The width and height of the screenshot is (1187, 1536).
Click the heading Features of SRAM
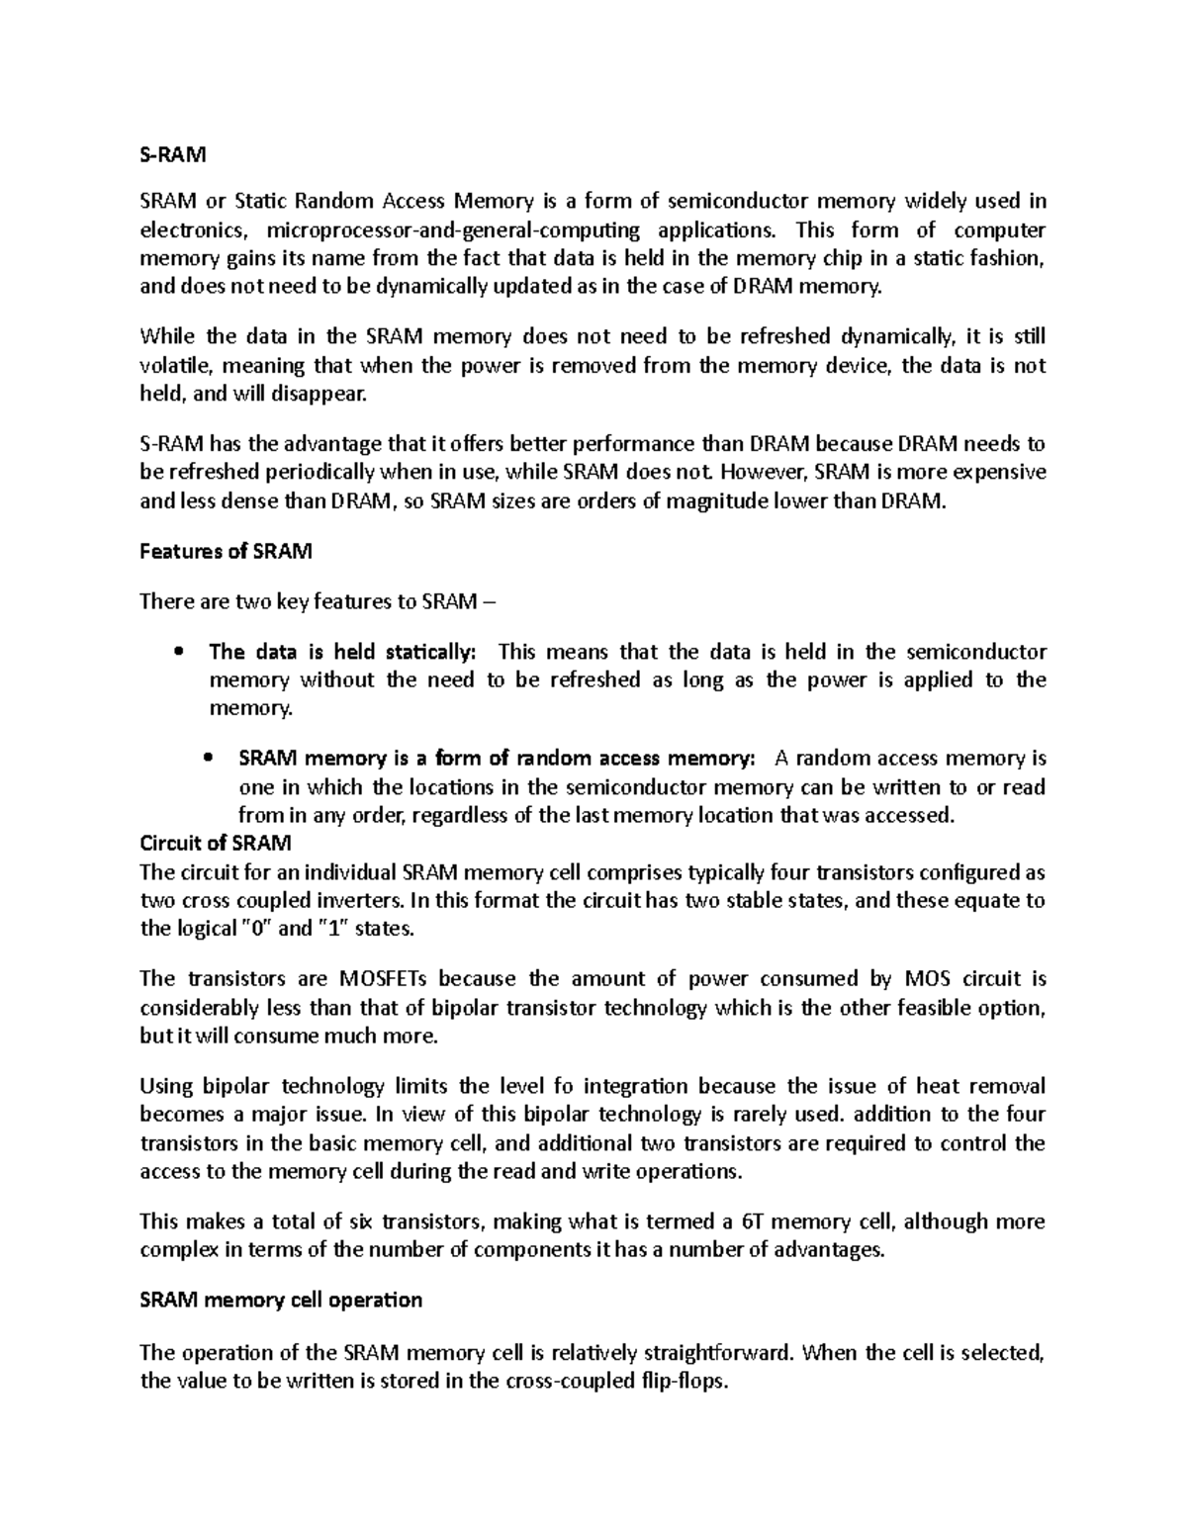226,552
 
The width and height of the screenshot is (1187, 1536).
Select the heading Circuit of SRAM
215,844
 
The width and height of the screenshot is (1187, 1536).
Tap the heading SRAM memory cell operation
281,1300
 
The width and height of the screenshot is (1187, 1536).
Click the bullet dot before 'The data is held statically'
178,652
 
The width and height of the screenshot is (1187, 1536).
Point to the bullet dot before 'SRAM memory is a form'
207,759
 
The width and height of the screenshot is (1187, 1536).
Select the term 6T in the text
754,1221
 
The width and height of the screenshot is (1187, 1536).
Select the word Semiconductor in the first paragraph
751,202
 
